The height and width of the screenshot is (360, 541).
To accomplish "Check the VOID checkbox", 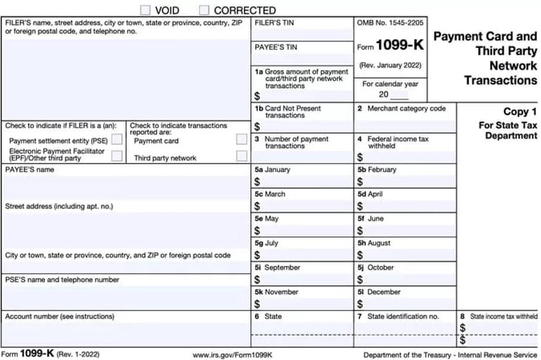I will (x=145, y=10).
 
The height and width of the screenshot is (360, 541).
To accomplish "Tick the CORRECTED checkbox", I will (x=204, y=10).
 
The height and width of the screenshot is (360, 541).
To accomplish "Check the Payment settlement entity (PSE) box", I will (x=117, y=140).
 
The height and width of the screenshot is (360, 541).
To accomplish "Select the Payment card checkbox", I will (x=241, y=140).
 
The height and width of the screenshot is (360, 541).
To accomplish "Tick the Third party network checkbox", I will (x=241, y=157).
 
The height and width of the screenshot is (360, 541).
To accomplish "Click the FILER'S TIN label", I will (x=273, y=23).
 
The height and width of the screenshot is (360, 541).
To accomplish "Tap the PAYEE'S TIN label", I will (x=276, y=47).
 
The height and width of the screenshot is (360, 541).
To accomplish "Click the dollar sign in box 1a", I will (x=257, y=96).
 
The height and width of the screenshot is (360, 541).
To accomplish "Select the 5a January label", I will (x=272, y=170).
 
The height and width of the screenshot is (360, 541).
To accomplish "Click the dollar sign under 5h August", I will (x=360, y=255).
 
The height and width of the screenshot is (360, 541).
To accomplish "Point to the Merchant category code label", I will (x=406, y=109).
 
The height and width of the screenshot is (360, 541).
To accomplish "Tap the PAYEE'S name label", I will (x=30, y=170).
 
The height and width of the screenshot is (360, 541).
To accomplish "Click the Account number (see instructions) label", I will (x=59, y=316).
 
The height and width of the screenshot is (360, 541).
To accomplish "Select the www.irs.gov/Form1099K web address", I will (x=233, y=355).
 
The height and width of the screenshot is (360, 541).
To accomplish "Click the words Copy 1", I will (x=520, y=111).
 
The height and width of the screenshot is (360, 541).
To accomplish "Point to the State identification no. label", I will (x=403, y=316).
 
